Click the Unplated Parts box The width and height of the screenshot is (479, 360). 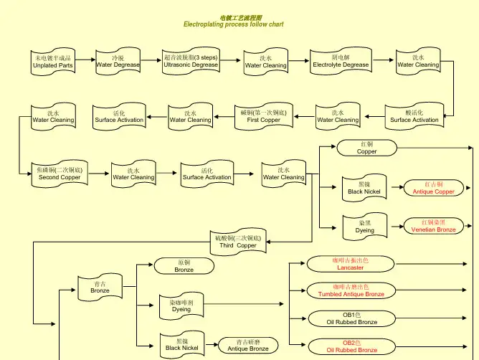(x=53, y=62)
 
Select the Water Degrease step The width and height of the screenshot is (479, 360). (x=118, y=62)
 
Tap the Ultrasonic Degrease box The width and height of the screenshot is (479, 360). (x=191, y=62)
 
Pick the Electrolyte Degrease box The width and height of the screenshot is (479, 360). (x=341, y=62)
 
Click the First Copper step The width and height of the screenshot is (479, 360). (x=259, y=116)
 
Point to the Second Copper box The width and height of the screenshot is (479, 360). (x=60, y=174)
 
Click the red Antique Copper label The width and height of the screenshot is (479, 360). (x=433, y=188)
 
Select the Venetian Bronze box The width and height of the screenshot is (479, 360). (x=433, y=226)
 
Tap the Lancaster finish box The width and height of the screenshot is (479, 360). (x=350, y=264)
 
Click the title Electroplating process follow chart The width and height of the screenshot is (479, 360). (x=233, y=24)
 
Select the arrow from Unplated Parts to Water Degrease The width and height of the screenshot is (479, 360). (x=85, y=62)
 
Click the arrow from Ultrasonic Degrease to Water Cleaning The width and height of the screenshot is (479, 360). (x=231, y=62)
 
